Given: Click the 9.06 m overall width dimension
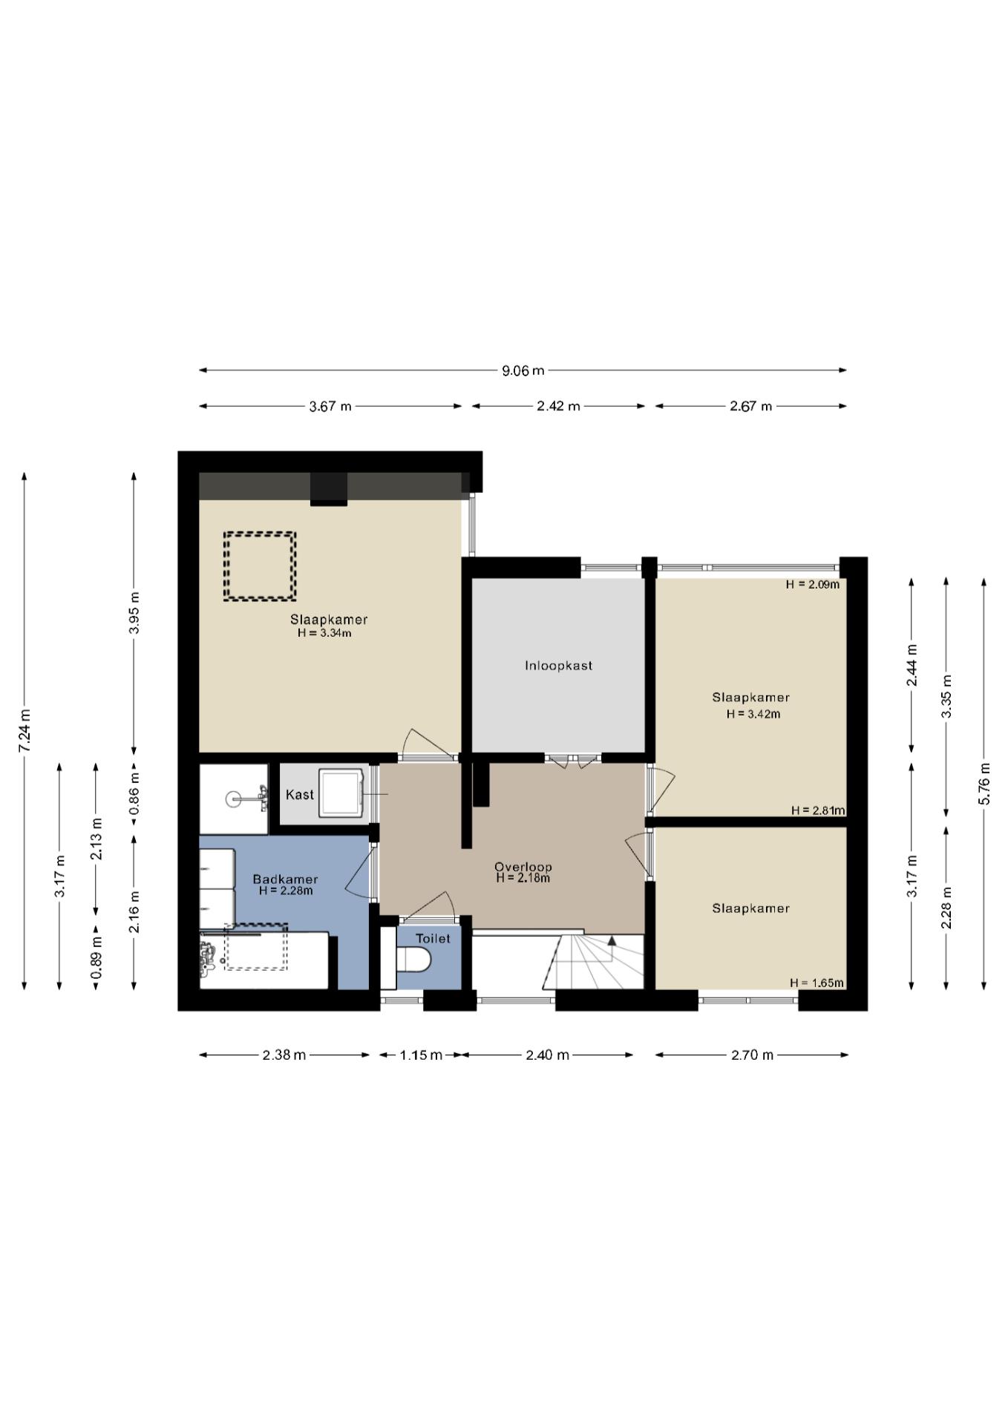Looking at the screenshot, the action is (523, 370).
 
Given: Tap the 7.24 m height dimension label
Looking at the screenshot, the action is (24, 730).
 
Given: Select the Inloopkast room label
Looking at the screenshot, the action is (559, 666).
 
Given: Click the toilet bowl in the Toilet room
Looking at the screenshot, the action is (413, 960).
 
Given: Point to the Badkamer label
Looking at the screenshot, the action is (285, 879).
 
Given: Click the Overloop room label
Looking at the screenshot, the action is (523, 867).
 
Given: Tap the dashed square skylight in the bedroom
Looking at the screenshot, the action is (261, 566).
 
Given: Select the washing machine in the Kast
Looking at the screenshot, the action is (341, 793).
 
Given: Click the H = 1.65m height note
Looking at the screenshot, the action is (816, 983).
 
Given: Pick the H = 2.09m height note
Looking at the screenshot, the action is (813, 584).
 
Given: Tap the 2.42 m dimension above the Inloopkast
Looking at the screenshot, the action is (559, 406).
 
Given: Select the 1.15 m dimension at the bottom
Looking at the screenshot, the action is (421, 1055).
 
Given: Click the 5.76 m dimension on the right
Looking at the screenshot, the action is (984, 784).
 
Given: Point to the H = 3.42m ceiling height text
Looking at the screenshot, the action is (753, 714).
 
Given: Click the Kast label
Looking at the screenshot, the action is (300, 795).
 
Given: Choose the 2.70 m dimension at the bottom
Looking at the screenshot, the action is (752, 1055).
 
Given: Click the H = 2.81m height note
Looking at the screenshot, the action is (818, 810).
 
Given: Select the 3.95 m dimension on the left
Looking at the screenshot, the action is (134, 613).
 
